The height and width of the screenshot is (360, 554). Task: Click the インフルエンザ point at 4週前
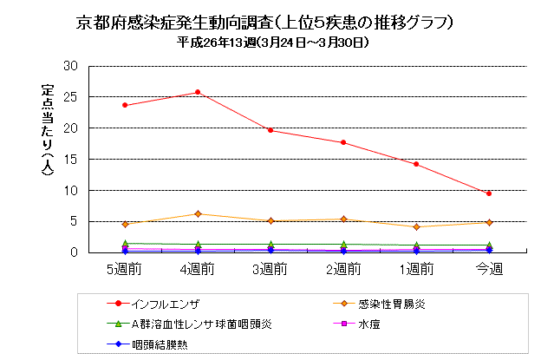tap(198, 92)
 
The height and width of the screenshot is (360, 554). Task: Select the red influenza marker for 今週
tap(489, 193)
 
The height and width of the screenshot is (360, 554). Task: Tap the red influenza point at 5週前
tap(125, 105)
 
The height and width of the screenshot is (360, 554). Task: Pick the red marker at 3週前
tap(270, 130)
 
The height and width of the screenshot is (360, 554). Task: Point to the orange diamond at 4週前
tap(198, 214)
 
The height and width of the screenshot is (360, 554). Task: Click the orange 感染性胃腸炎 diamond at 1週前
tap(416, 226)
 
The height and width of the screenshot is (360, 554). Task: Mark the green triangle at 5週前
tap(125, 243)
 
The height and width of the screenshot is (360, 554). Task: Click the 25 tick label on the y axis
tap(70, 97)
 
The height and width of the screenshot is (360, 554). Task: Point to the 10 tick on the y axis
tap(70, 191)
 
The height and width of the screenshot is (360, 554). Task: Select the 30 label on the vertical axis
tap(70, 66)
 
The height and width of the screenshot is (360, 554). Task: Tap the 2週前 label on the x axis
tap(343, 269)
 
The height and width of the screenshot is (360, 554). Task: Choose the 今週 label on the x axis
tap(489, 269)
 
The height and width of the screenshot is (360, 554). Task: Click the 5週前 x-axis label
tap(124, 269)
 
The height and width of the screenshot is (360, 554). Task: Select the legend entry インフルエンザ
tap(165, 304)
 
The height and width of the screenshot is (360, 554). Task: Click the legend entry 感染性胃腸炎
tap(392, 304)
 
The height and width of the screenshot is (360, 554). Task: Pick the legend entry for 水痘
tap(368, 324)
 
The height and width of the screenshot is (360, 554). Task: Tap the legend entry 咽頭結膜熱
tap(160, 344)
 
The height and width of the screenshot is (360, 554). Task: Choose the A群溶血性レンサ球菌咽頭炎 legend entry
tap(202, 324)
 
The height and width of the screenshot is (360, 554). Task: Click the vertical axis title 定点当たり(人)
tap(48, 129)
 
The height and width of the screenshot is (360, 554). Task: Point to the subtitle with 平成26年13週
tap(273, 43)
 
